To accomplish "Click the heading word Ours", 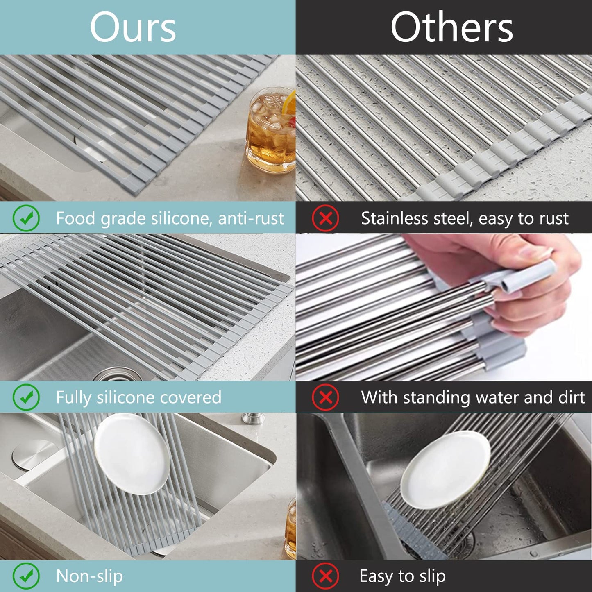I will click(133, 27).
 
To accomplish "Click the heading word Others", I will click(451, 27).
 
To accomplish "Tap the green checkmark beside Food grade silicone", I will click(26, 218).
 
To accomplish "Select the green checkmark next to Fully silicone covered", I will click(26, 397).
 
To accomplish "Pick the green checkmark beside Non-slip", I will click(26, 576).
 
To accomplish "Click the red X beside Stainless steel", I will click(325, 218).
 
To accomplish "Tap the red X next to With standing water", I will click(325, 397).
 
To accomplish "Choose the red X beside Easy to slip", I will click(325, 576).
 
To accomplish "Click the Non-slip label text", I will click(89, 576).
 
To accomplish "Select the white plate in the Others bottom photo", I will click(446, 470).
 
